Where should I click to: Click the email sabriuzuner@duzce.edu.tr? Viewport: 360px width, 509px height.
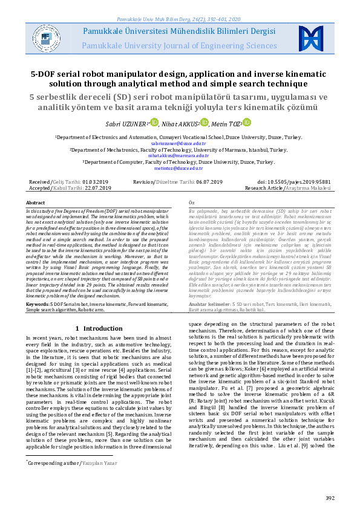180,143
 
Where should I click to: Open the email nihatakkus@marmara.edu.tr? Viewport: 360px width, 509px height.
180,155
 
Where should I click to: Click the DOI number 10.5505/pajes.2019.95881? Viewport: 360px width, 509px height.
303,181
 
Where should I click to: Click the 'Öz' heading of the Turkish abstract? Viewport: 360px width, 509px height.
192,203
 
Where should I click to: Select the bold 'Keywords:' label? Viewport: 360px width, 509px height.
38,287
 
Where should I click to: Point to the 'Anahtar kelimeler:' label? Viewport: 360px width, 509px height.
206,287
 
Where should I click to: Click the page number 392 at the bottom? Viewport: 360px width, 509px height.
330,498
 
